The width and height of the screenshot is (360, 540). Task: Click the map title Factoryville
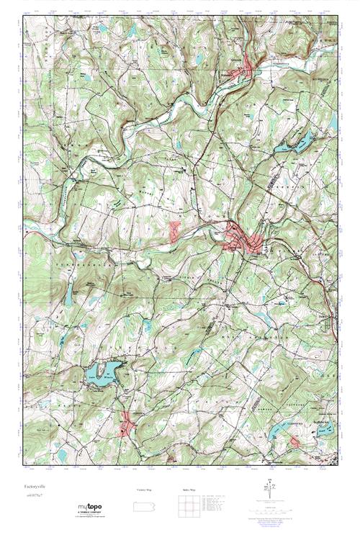tap(36, 486)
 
